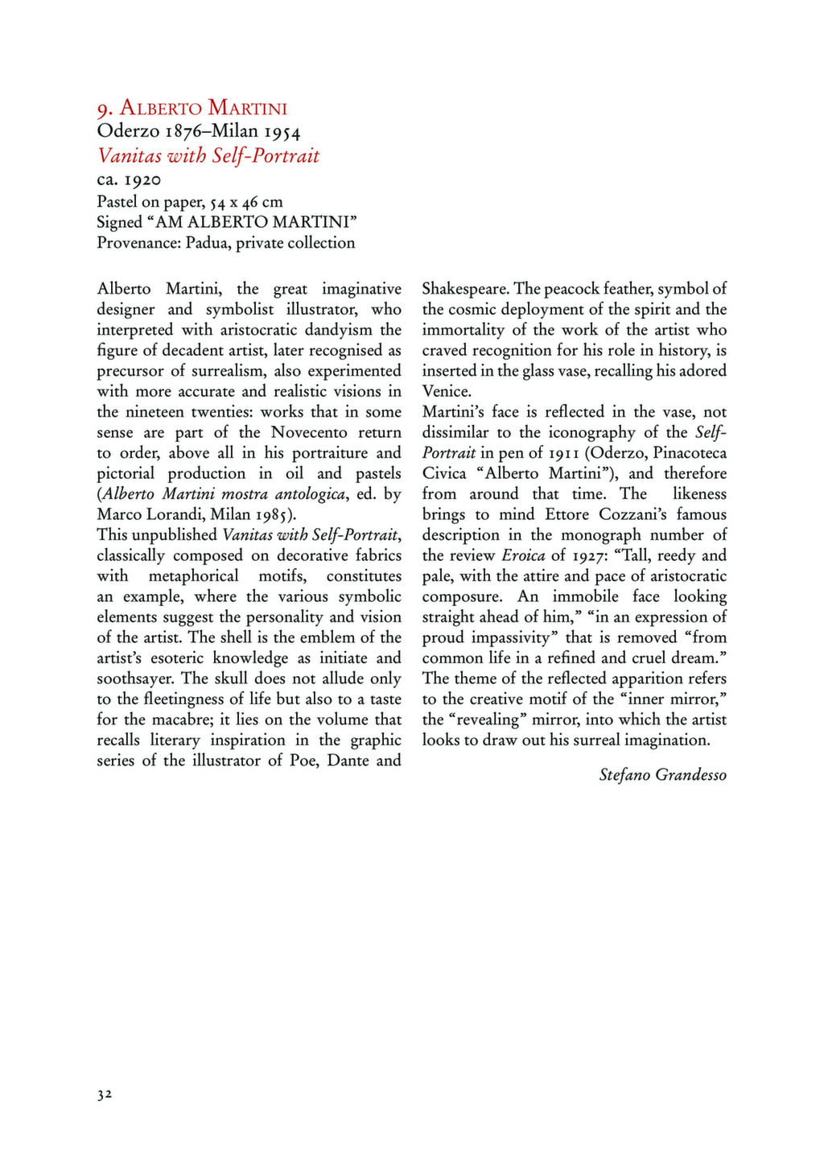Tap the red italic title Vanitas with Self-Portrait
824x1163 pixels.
click(x=208, y=155)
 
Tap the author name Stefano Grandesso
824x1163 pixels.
click(x=662, y=775)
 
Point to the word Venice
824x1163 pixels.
click(x=447, y=392)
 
